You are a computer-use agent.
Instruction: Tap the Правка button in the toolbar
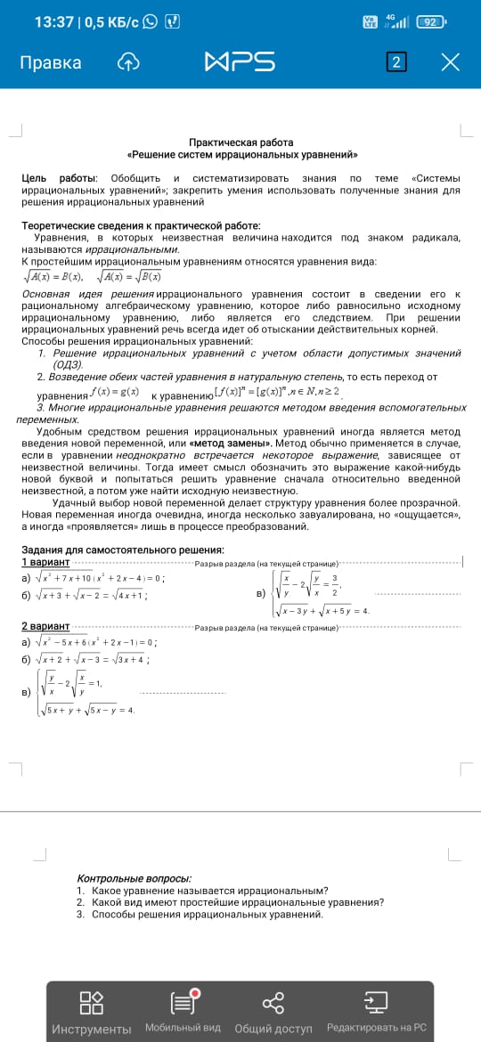tap(51, 62)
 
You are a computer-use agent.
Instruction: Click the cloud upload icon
tap(128, 62)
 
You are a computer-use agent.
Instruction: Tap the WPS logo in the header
tap(240, 62)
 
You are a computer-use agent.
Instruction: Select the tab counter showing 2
tap(396, 62)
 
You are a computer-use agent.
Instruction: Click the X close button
tap(451, 62)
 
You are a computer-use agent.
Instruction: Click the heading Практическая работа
tap(240, 142)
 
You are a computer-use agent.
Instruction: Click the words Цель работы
tap(60, 179)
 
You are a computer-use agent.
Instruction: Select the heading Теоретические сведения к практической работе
tap(141, 226)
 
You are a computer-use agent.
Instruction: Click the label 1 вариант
tap(45, 562)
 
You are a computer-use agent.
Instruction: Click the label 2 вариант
tap(45, 627)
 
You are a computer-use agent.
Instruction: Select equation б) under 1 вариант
tap(86, 596)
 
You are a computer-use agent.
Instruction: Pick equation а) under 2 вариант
tap(89, 642)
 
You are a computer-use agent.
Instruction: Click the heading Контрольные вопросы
tap(134, 878)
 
